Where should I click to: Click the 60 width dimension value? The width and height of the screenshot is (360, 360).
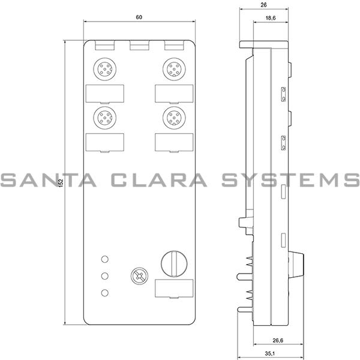click(139, 17)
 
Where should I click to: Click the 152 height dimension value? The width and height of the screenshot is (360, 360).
click(61, 183)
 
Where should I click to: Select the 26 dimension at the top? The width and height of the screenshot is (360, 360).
click(264, 5)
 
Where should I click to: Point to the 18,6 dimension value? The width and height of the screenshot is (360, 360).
click(271, 18)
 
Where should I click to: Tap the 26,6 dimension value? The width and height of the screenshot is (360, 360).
click(278, 340)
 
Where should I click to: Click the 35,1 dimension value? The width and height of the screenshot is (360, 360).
click(270, 353)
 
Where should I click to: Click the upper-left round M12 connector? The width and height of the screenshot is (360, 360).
click(104, 69)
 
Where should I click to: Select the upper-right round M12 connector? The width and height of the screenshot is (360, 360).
click(174, 69)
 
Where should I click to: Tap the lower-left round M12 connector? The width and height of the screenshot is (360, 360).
click(104, 118)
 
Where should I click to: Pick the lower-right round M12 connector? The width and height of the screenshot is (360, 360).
click(174, 118)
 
